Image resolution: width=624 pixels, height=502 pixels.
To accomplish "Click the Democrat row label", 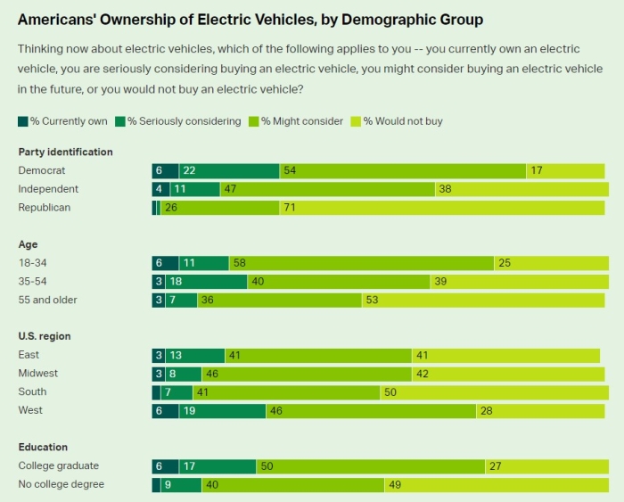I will [x=42, y=170].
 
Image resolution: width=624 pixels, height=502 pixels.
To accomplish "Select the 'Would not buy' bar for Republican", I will [x=442, y=208].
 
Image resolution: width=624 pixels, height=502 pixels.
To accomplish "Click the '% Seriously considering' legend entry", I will [x=184, y=121].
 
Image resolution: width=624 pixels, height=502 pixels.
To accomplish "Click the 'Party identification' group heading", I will [x=65, y=152].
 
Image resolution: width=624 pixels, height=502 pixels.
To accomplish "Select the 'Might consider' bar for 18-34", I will [x=361, y=263].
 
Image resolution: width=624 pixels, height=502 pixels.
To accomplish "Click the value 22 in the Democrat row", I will [x=189, y=170].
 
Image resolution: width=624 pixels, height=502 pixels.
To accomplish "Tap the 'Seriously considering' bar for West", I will [x=222, y=410].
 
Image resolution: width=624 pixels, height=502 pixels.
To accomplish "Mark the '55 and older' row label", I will [x=47, y=300].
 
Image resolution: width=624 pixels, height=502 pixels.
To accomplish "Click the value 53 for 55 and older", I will [x=372, y=300].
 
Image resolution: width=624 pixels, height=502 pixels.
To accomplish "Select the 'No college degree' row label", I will [x=61, y=484].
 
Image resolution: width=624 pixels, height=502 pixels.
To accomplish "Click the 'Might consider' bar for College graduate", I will [x=370, y=465].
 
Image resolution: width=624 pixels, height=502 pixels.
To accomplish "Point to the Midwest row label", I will [x=39, y=374].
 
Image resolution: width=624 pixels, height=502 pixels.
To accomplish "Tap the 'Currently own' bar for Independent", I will [x=160, y=189].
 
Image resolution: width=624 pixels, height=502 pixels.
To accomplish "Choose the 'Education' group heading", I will [x=43, y=447].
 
